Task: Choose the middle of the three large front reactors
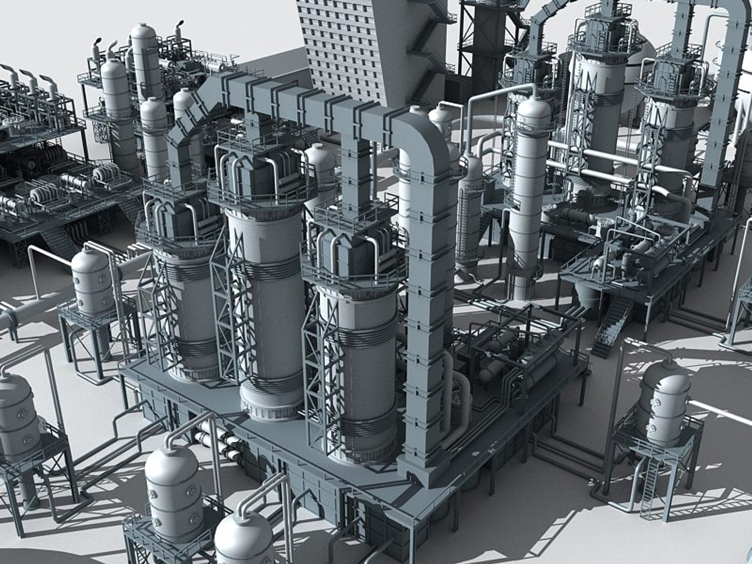click(x=266, y=303)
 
